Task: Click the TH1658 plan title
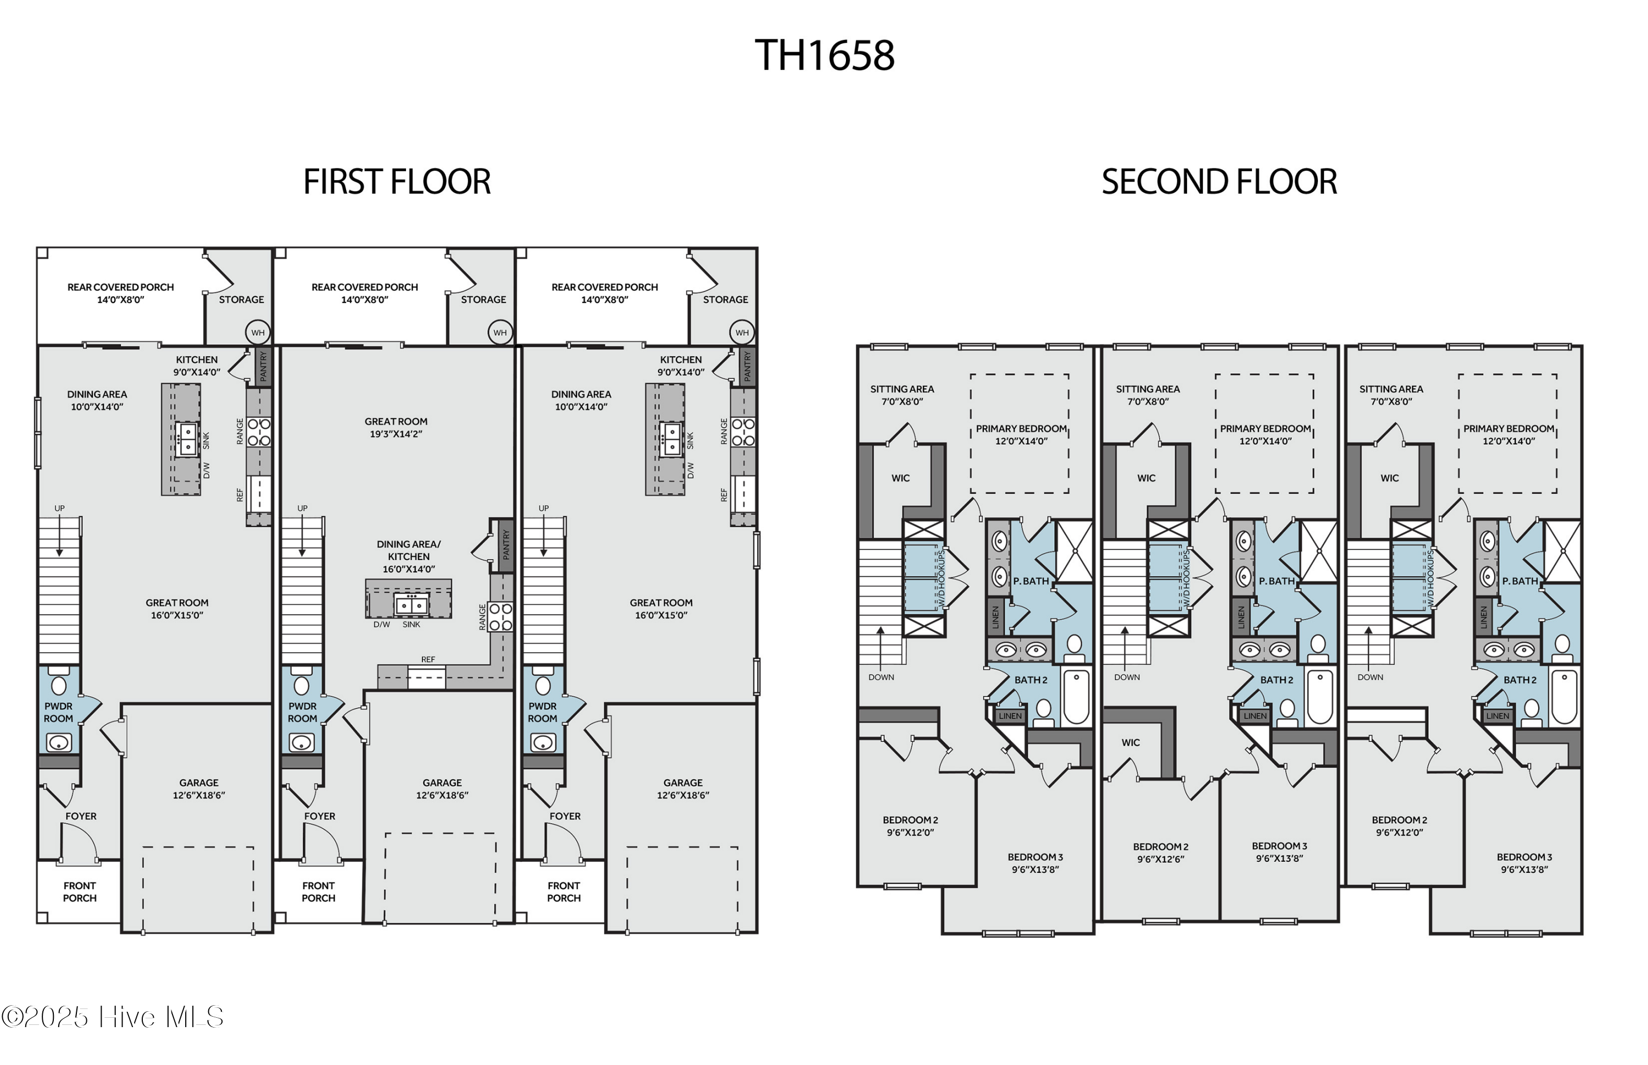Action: [824, 55]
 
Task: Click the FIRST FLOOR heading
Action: [397, 182]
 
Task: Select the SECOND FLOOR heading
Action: [1218, 182]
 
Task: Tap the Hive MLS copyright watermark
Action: [113, 1017]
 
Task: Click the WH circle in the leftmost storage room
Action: [258, 333]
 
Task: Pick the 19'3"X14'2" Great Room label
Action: [396, 428]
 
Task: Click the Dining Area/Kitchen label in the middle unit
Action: [408, 556]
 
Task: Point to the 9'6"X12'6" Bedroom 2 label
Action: [1160, 853]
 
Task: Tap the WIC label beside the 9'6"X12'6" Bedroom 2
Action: [1131, 742]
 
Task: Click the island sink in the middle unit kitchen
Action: [411, 605]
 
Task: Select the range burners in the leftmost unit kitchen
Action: [259, 431]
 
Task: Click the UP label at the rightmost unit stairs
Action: [543, 508]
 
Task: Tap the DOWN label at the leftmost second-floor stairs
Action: [881, 677]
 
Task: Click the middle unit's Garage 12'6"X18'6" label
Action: [442, 788]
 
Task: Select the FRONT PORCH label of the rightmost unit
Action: [563, 892]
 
